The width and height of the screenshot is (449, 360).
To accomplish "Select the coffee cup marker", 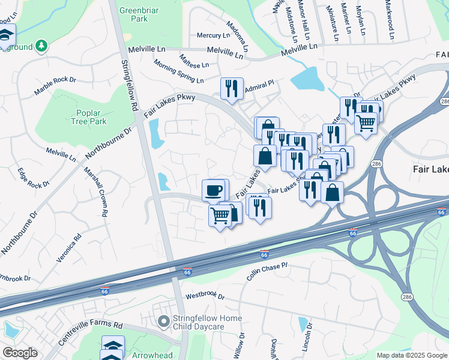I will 214,191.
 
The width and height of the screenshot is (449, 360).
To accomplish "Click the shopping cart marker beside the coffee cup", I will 220,215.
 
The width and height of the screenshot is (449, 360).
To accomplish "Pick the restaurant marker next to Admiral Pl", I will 232,89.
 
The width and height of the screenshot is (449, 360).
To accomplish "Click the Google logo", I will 20,353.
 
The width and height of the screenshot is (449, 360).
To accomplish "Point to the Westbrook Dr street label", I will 205,296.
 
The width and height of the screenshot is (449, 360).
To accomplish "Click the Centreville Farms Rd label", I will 90,334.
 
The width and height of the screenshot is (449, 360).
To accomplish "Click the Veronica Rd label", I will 68,246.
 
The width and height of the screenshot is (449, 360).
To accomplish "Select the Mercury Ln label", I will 210,35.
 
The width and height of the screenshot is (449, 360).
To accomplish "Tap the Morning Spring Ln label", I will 178,71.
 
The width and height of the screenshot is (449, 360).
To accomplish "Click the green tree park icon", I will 41,46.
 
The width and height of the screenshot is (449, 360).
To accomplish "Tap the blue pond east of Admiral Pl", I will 307,79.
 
